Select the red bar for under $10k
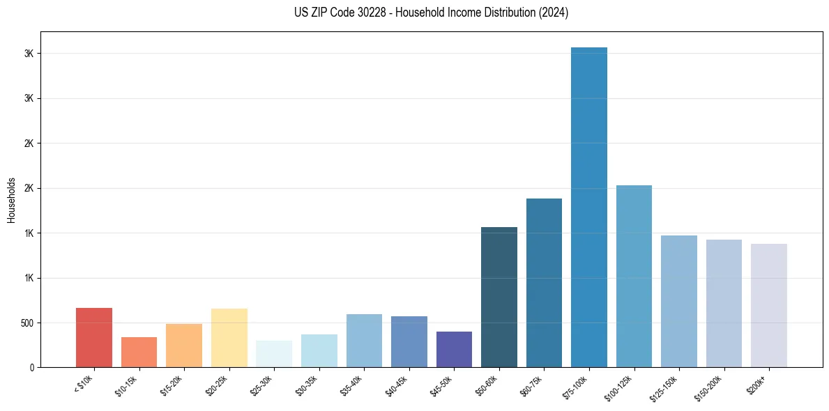[x=94, y=337]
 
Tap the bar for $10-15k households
[x=139, y=352]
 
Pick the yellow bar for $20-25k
[x=229, y=337]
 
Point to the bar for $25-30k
[x=274, y=354]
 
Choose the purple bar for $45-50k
[x=454, y=349]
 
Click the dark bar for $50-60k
[x=499, y=297]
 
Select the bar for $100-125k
[x=634, y=276]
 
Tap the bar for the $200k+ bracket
[x=769, y=305]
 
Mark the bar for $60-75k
[x=544, y=283]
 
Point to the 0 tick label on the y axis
[x=32, y=368]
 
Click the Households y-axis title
[x=11, y=199]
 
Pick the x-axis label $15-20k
[x=173, y=386]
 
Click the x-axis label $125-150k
[x=664, y=388]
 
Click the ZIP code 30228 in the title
[x=358, y=13]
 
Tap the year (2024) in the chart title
[x=554, y=13]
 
